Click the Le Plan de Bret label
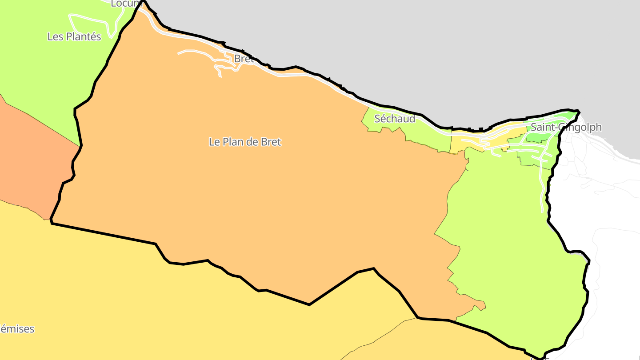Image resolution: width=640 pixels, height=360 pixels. point(245,142)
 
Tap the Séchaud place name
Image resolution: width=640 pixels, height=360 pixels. point(395,119)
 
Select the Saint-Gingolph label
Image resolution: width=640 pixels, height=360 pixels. point(566,127)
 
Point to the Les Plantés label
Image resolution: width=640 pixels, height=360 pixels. point(74,36)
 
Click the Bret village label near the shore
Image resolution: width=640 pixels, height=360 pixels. point(244,59)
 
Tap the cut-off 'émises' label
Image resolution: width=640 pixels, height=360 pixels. point(17,329)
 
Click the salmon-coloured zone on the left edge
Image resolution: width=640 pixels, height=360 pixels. point(27,156)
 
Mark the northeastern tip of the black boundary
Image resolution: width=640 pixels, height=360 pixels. point(578,110)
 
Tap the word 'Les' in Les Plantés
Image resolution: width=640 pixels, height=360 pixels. point(55,36)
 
